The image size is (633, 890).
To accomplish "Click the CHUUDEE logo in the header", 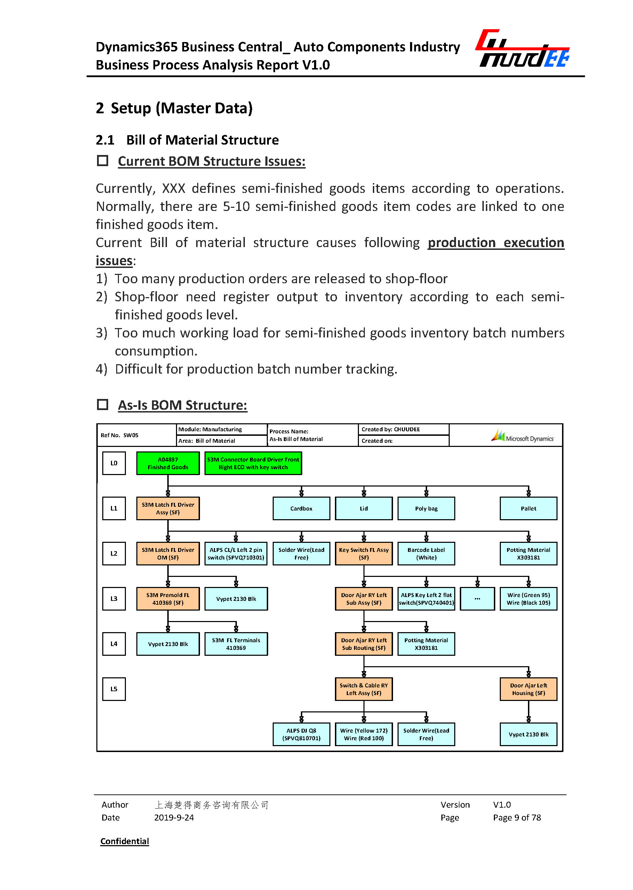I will (x=522, y=49).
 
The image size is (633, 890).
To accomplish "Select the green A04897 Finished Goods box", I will (x=168, y=463).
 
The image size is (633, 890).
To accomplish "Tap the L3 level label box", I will (x=114, y=599).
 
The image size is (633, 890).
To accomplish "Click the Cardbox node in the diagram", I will (x=301, y=508).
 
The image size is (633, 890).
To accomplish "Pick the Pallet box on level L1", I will (x=528, y=508).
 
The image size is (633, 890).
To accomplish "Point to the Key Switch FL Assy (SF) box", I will (x=364, y=554).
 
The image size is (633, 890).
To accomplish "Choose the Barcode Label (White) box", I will (x=426, y=554).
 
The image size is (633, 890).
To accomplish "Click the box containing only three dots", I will (x=477, y=599).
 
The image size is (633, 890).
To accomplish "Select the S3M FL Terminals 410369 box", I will (x=236, y=644).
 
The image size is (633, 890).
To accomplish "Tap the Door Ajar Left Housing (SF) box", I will (x=528, y=689).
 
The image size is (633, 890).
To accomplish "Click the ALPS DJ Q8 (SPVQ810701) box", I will (x=301, y=734).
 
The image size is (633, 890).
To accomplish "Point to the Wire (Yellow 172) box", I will (x=364, y=734).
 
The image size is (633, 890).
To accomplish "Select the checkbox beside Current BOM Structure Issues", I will (x=103, y=161).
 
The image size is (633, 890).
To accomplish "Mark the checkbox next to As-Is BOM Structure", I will (x=103, y=405).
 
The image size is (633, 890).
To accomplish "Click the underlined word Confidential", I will (x=125, y=841).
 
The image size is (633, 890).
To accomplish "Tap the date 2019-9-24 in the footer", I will (x=174, y=818).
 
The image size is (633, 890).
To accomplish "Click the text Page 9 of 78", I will (x=517, y=818).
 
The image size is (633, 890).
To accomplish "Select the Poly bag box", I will (x=426, y=508).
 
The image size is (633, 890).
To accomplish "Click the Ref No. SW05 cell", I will (x=120, y=435).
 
